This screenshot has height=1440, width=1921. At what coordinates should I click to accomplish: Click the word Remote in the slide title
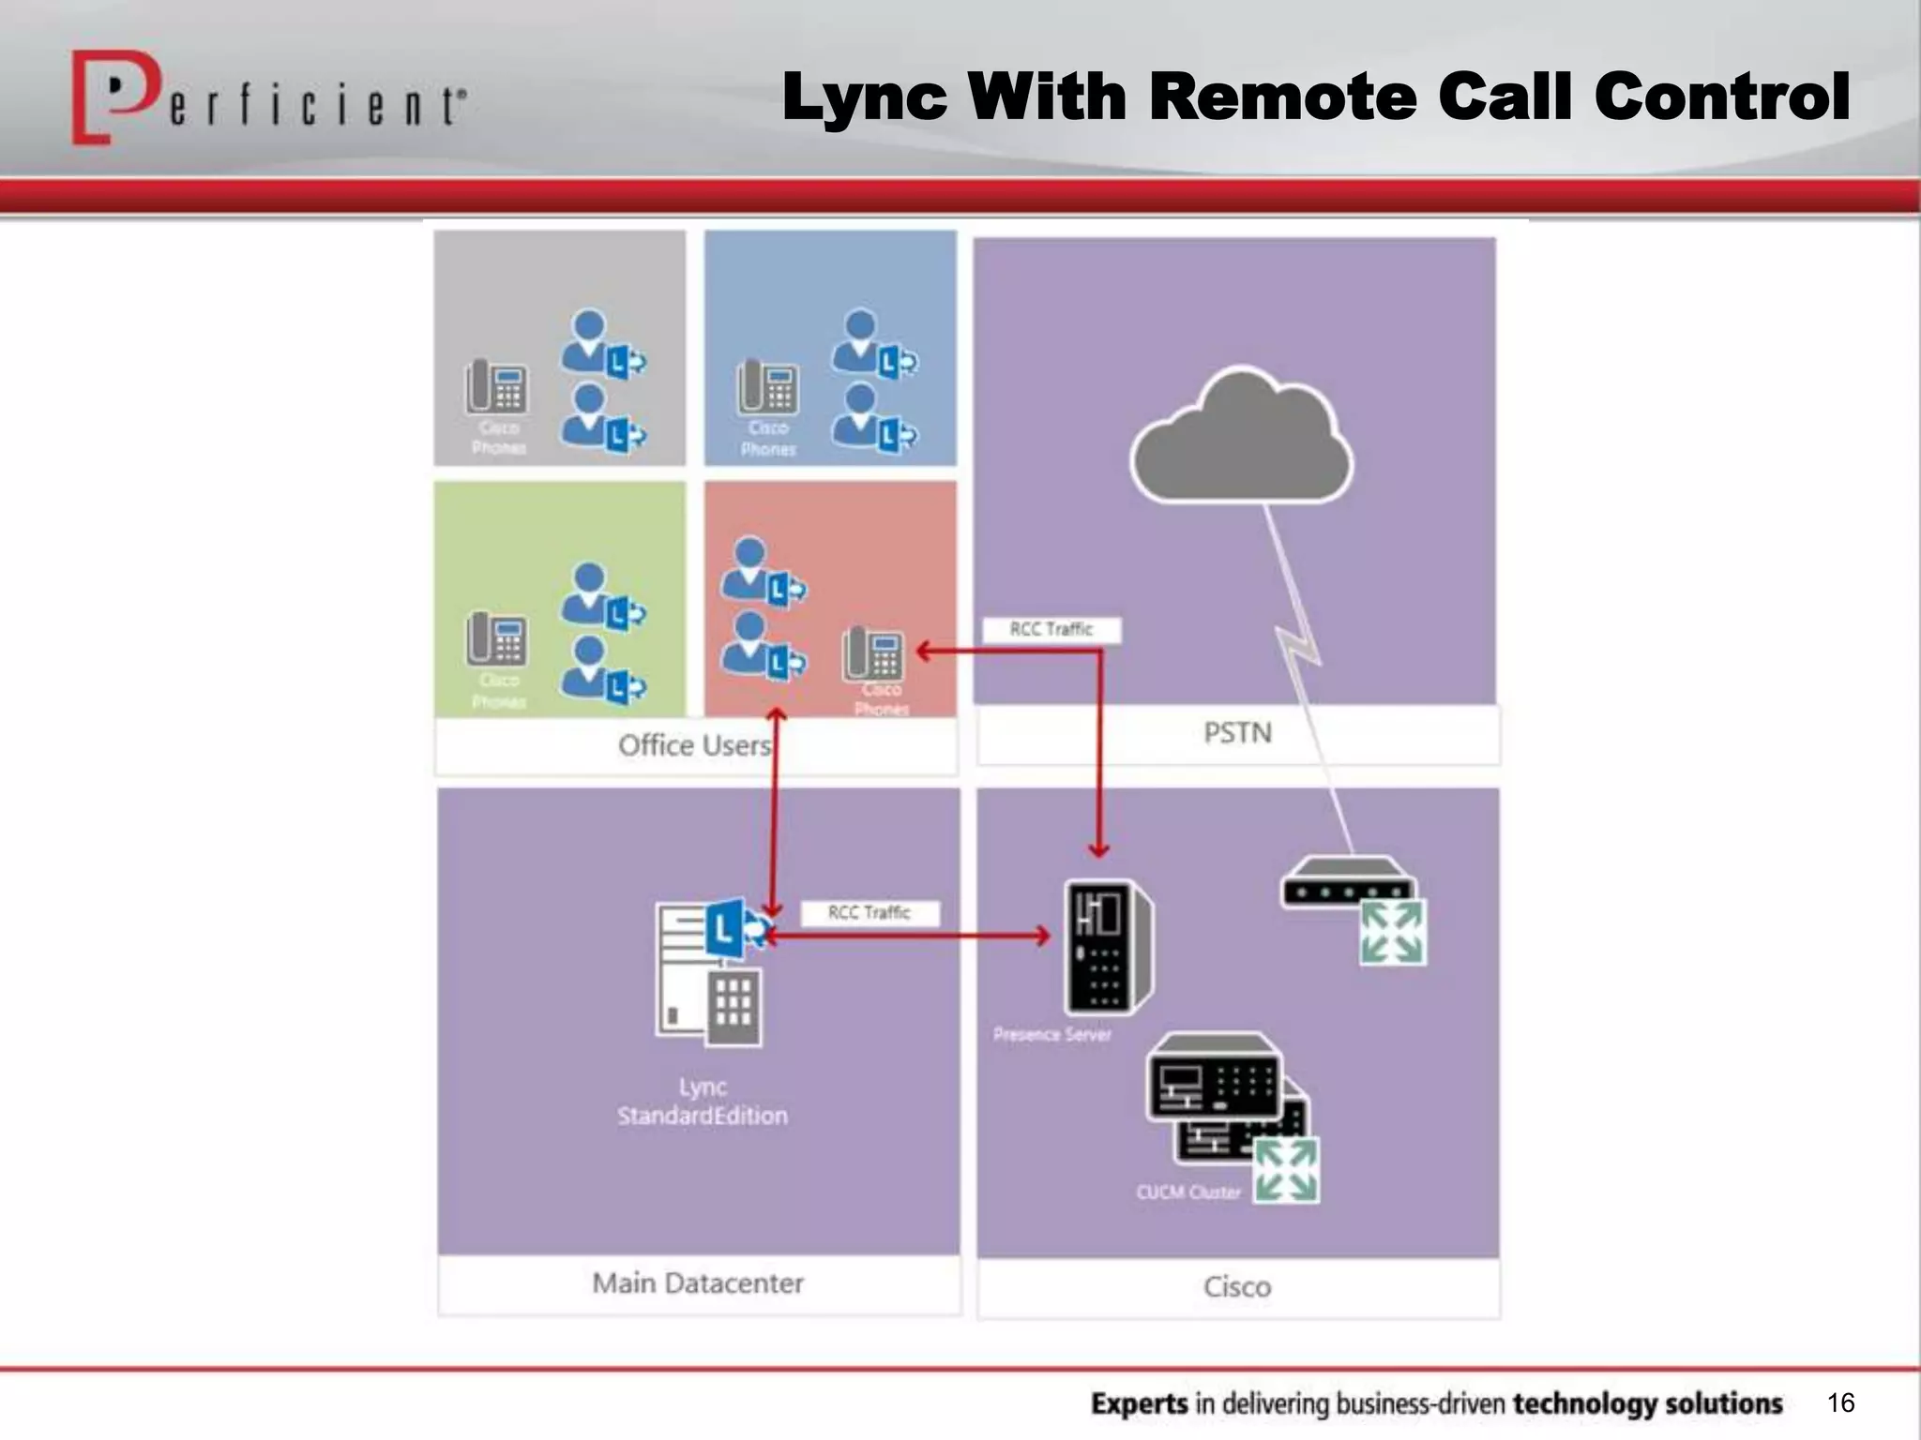click(x=1283, y=97)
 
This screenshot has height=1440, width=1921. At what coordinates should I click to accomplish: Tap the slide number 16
click(x=1840, y=1402)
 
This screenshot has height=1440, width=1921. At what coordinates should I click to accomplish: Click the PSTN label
click(x=1237, y=733)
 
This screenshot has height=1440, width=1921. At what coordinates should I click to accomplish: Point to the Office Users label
click(x=695, y=746)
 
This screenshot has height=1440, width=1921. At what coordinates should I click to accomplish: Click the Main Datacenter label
click(x=698, y=1283)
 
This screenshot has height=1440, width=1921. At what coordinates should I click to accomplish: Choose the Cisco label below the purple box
click(x=1237, y=1287)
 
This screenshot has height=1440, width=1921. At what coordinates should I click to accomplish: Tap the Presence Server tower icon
click(x=1108, y=947)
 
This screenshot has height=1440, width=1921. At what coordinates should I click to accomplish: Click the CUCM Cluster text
click(x=1187, y=1192)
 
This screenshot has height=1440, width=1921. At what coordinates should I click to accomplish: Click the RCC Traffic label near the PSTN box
click(x=1051, y=630)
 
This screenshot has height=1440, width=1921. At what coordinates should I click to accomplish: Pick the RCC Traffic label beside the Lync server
click(x=870, y=913)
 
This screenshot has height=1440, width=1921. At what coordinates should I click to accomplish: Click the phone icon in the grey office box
click(x=497, y=386)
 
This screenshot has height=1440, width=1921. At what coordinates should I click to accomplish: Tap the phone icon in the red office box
click(x=873, y=653)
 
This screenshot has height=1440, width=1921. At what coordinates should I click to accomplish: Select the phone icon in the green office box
click(x=497, y=638)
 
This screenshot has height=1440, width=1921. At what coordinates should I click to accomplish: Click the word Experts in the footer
click(x=1140, y=1404)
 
